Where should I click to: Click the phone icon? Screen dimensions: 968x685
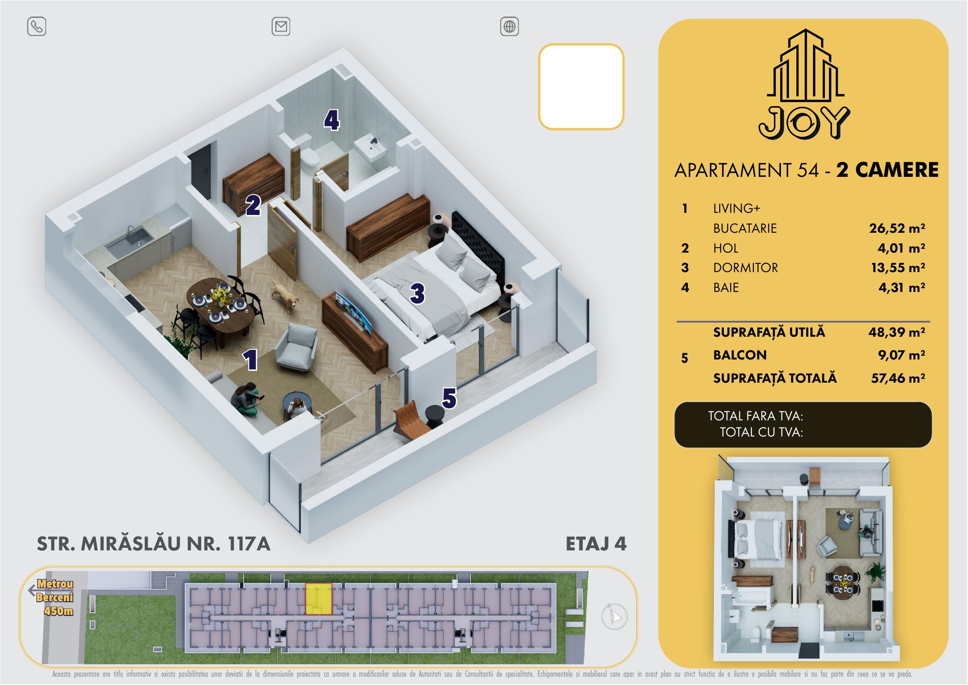click(37, 27)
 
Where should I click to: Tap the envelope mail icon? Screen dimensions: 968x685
click(281, 27)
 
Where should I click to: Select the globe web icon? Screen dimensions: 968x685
click(509, 27)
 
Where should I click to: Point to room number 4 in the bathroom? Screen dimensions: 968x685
click(332, 121)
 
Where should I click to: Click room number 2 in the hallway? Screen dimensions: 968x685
click(253, 205)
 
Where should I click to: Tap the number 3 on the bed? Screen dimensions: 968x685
click(417, 294)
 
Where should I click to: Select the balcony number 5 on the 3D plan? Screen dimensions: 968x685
click(449, 398)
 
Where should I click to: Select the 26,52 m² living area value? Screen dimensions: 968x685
click(897, 228)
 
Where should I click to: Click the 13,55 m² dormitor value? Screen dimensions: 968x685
click(898, 268)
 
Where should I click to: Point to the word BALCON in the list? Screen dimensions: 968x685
click(740, 355)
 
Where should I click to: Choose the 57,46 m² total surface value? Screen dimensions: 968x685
click(898, 378)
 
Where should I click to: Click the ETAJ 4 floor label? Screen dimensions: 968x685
click(596, 544)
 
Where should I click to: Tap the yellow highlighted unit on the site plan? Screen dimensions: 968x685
click(318, 599)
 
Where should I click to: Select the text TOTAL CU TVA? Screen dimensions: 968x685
click(761, 432)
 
